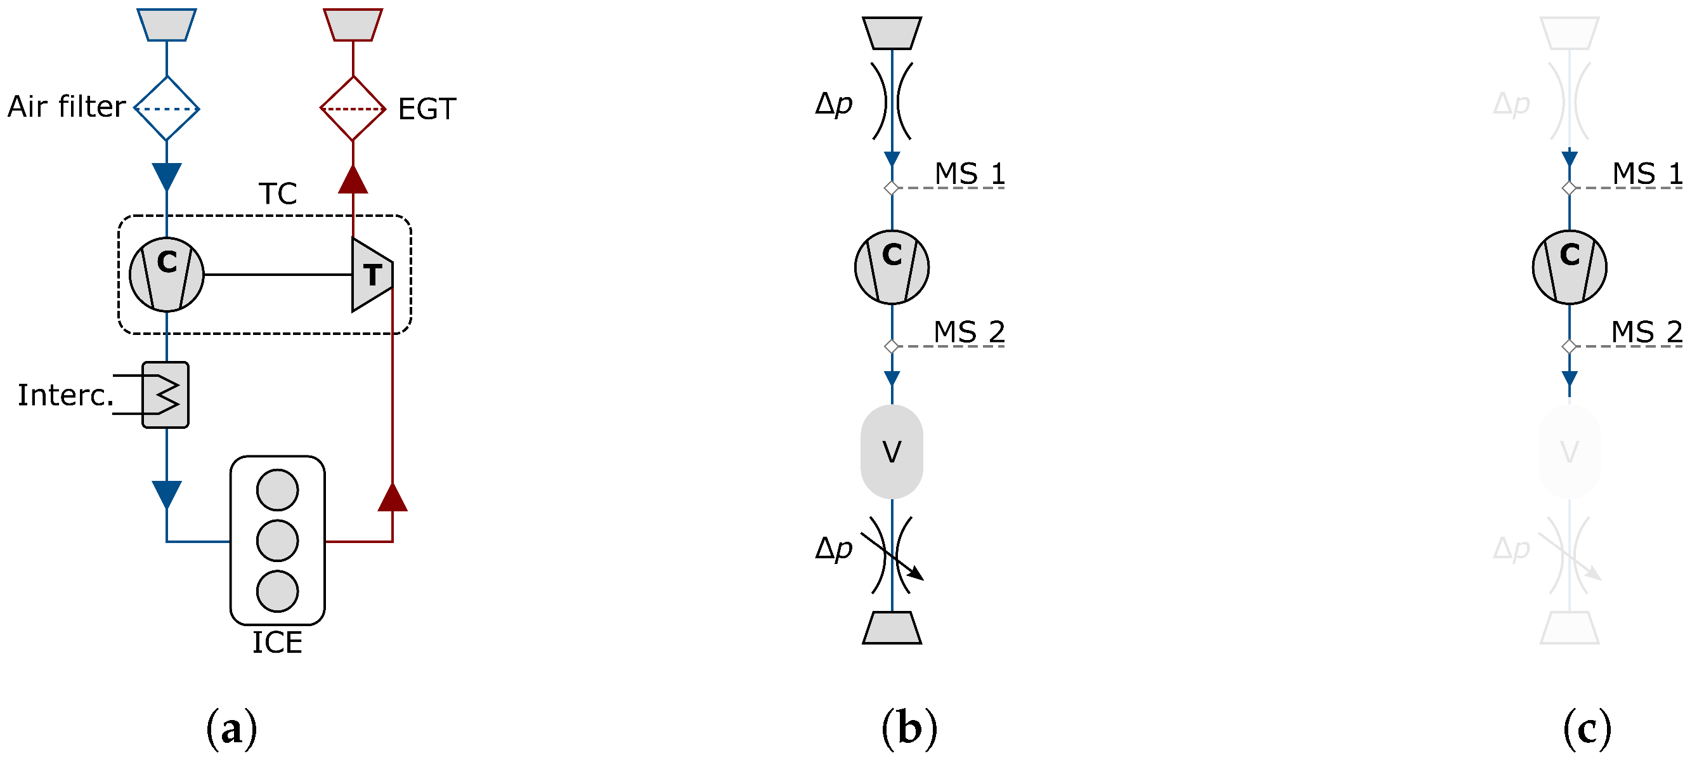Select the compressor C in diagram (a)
point(167,273)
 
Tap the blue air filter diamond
point(167,108)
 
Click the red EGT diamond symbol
point(353,108)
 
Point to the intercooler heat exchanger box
point(166,395)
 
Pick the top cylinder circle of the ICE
point(277,490)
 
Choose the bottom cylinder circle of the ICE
point(277,591)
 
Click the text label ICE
point(277,643)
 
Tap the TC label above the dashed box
point(278,193)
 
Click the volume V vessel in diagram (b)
point(892,452)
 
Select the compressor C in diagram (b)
point(892,267)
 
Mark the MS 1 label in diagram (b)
point(970,174)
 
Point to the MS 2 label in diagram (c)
point(1646,332)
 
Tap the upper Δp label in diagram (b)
point(833,103)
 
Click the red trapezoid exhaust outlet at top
point(353,25)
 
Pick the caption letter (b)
point(909,729)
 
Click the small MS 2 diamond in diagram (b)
point(892,346)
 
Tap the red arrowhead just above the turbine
point(353,180)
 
